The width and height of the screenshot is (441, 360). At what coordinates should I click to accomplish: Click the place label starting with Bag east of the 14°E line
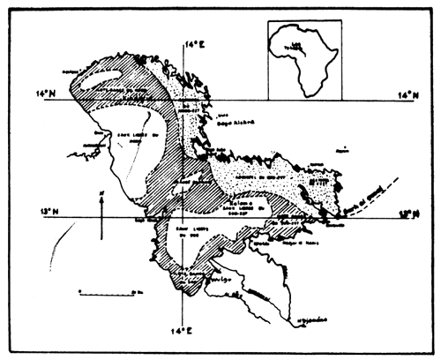(231, 125)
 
